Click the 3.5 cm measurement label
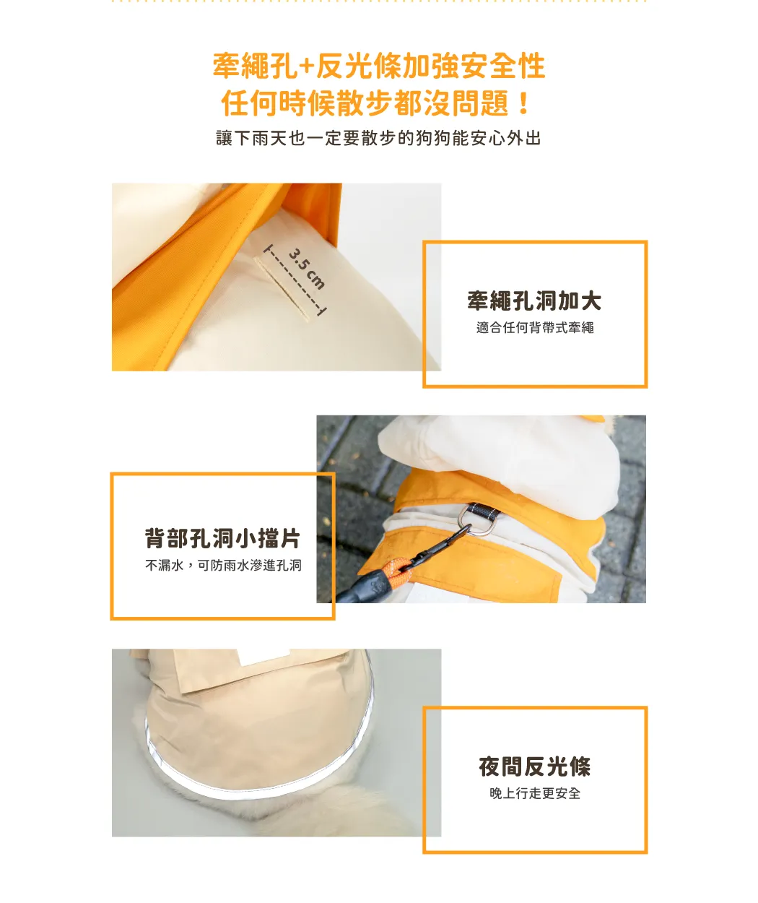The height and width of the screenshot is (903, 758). coord(306,268)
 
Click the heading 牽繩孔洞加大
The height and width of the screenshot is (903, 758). coord(534,301)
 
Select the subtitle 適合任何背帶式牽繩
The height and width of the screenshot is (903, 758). coord(535,328)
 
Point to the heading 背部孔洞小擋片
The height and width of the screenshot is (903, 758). coord(222,538)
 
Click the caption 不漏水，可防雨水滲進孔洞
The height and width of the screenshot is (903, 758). coord(223,565)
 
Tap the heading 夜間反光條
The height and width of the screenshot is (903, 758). coord(535,766)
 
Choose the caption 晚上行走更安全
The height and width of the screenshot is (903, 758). coord(535,794)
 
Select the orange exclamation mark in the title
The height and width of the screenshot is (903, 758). coord(523,104)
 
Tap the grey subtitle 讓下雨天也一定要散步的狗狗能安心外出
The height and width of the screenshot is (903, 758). coord(378,139)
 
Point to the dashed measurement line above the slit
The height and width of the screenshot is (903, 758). coord(295,280)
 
